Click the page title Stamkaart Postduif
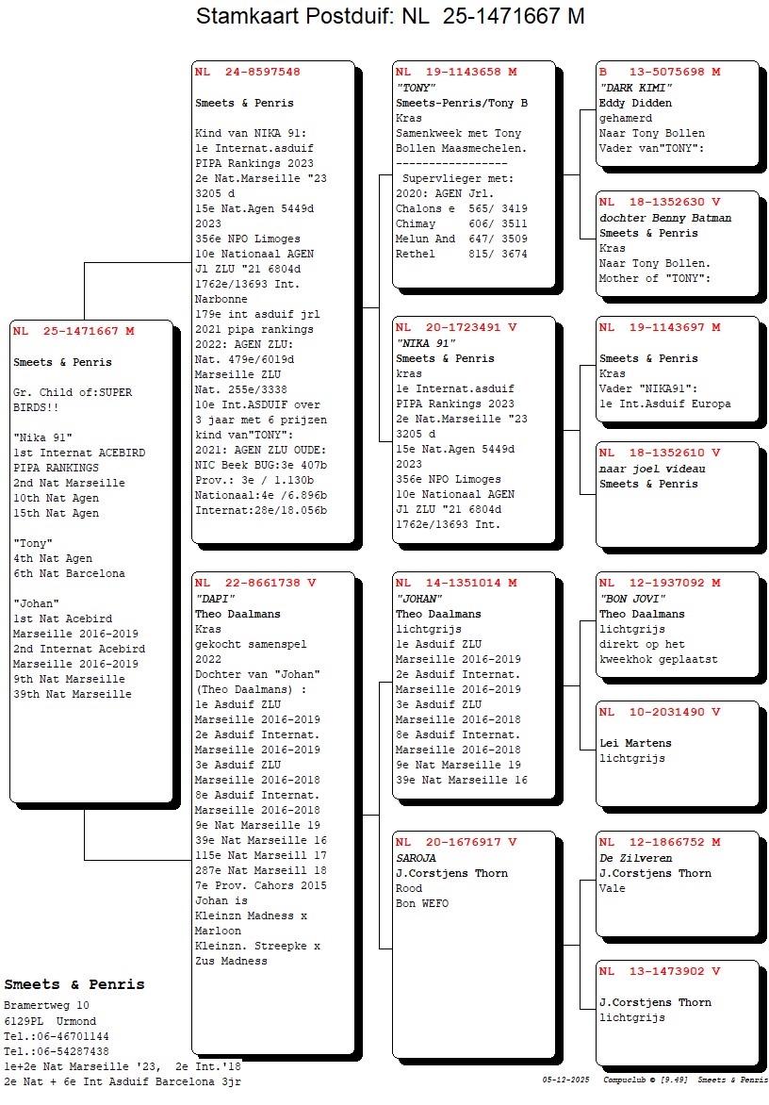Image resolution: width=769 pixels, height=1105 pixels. pyautogui.click(x=291, y=15)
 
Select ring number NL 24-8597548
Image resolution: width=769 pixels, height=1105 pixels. pyautogui.click(x=248, y=72)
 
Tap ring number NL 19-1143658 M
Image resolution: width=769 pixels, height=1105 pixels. pyautogui.click(x=456, y=72)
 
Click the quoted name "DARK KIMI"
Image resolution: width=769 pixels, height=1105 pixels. pyautogui.click(x=636, y=88)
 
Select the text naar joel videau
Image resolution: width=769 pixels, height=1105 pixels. pyautogui.click(x=652, y=469)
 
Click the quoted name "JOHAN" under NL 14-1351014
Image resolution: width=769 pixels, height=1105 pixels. pyautogui.click(x=419, y=599)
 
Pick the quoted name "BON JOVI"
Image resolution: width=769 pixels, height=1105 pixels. pyautogui.click(x=632, y=599)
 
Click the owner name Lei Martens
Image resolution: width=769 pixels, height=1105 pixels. pyautogui.click(x=635, y=744)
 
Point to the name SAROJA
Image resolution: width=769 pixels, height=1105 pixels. pyautogui.click(x=416, y=858)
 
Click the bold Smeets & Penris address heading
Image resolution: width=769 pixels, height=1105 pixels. pyautogui.click(x=74, y=984)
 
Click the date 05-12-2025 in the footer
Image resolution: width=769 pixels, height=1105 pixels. pyautogui.click(x=566, y=1080)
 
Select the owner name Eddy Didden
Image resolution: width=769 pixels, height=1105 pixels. pyautogui.click(x=635, y=103)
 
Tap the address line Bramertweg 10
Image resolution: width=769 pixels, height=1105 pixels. pyautogui.click(x=46, y=1006)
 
